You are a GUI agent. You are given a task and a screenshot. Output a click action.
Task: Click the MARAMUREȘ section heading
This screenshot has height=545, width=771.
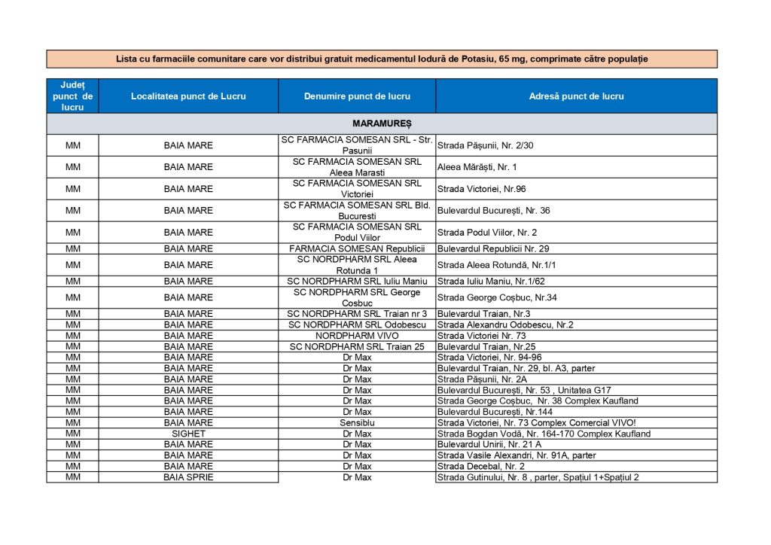point(382,123)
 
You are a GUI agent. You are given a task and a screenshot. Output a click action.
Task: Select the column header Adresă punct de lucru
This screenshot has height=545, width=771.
point(576,96)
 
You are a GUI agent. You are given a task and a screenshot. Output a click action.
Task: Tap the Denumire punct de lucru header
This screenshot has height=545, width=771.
point(357,96)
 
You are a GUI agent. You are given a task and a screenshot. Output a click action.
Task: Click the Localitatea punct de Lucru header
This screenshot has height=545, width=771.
point(188,96)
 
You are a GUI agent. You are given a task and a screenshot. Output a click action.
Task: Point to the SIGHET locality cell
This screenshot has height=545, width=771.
point(188,434)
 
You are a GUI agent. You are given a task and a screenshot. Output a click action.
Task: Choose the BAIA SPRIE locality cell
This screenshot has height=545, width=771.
point(188,477)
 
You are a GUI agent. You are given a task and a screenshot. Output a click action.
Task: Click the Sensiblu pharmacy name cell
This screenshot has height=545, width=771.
point(357,423)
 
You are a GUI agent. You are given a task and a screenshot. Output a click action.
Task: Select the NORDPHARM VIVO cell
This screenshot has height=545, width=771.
point(357,336)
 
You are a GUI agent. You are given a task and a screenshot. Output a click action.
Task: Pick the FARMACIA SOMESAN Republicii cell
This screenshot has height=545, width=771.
point(357,248)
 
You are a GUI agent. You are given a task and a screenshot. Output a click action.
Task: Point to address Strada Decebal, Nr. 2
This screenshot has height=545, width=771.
point(481,467)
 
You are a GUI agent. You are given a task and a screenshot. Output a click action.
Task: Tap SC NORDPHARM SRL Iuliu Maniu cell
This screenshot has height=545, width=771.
point(357,282)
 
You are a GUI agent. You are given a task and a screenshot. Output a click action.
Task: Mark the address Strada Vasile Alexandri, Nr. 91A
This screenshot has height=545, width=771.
point(517,455)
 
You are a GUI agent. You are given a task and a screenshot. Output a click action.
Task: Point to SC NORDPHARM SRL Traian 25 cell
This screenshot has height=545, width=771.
point(357,347)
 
